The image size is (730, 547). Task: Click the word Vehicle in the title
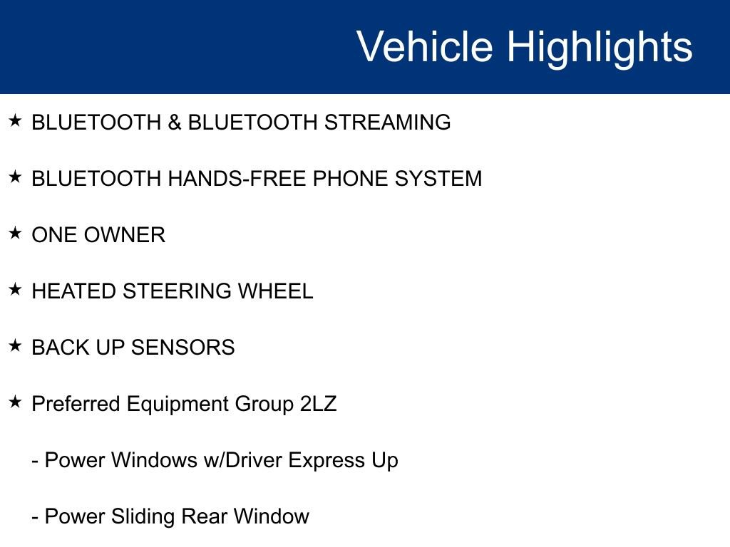[x=424, y=47]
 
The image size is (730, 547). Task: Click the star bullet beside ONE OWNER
[x=15, y=233]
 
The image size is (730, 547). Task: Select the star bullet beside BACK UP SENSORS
[x=15, y=345]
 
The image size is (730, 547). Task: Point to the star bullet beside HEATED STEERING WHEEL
[x=15, y=289]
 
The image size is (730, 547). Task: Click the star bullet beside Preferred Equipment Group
[x=15, y=402]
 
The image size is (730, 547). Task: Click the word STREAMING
[x=388, y=123]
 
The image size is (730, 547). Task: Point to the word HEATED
[x=74, y=291]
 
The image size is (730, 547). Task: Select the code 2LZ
[x=319, y=404]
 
